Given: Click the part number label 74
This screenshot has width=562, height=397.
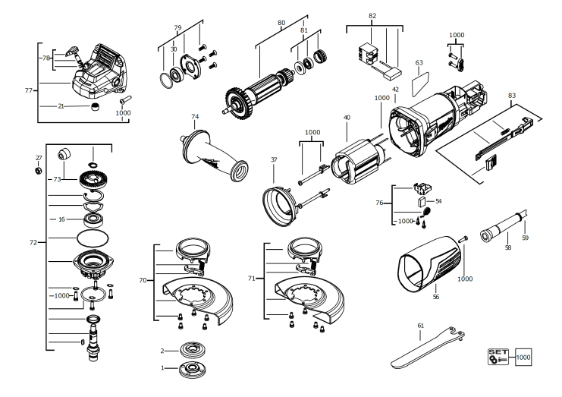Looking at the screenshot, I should [195, 117].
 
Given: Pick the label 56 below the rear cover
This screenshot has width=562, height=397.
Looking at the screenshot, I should [435, 298].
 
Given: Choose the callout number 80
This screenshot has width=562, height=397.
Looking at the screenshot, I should [281, 22].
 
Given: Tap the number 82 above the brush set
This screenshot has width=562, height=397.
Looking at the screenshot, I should [372, 16].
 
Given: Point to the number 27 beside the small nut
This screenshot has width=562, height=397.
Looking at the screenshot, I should [39, 157].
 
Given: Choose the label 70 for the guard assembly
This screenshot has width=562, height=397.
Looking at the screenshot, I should [143, 280].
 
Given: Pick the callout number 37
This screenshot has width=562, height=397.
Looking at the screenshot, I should [274, 159].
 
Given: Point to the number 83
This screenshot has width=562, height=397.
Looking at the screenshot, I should [512, 95].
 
